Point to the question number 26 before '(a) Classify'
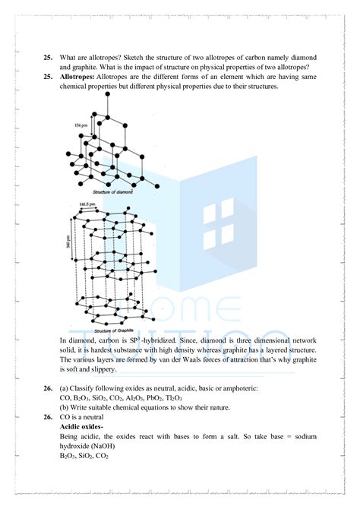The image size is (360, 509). pyautogui.click(x=48, y=388)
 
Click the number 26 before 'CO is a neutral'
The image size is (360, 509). pyautogui.click(x=48, y=417)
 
